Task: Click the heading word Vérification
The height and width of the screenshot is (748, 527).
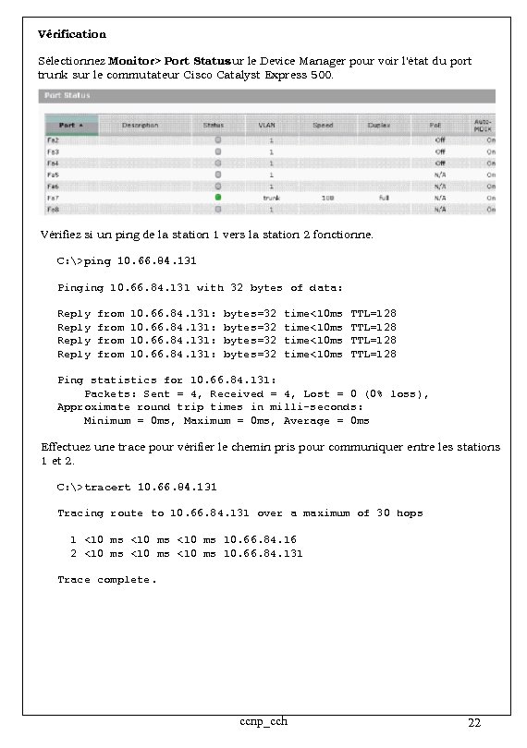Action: click(x=72, y=34)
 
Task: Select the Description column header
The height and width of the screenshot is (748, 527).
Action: click(x=140, y=125)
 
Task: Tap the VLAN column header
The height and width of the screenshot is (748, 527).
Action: click(x=267, y=125)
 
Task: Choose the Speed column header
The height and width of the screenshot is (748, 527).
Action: click(x=323, y=125)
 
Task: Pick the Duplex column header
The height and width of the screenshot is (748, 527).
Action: click(x=378, y=125)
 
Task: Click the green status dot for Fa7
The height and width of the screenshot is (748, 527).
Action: click(x=218, y=198)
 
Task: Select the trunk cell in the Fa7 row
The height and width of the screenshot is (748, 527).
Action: click(x=271, y=198)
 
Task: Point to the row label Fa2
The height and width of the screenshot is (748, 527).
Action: click(x=54, y=139)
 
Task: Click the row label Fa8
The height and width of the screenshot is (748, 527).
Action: click(x=54, y=209)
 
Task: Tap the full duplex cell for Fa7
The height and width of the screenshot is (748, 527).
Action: click(x=383, y=198)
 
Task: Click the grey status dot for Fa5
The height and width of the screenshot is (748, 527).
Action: click(x=218, y=175)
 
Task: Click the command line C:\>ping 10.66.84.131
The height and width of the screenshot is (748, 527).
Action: click(x=127, y=261)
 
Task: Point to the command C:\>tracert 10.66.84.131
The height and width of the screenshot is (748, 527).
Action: click(x=137, y=487)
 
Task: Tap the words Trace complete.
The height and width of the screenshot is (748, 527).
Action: click(x=107, y=580)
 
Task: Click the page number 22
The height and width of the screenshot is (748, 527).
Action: click(x=474, y=723)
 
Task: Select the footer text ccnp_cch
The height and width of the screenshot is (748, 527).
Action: click(x=263, y=721)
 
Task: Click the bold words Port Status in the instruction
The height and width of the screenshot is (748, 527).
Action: click(x=198, y=61)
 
